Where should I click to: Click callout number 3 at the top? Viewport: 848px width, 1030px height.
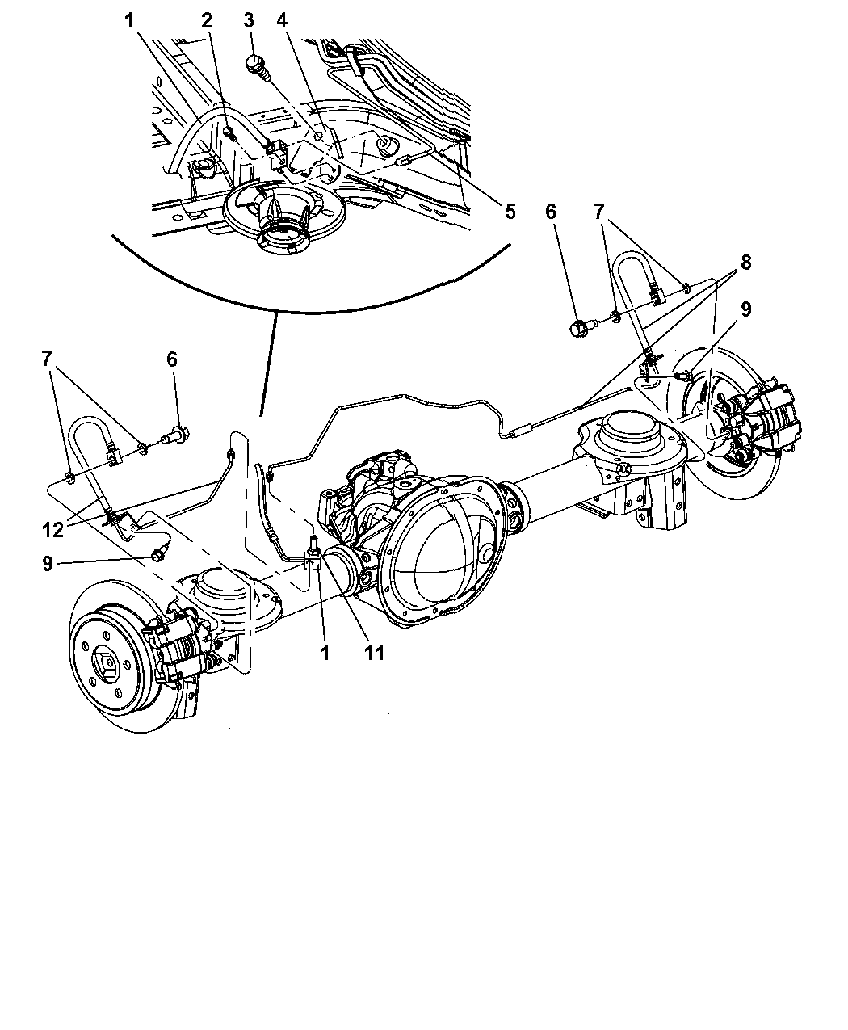point(250,19)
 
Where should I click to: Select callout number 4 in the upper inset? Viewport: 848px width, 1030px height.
point(282,19)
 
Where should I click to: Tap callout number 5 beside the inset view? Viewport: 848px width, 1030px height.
point(510,212)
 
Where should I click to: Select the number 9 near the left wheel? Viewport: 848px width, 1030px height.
point(48,563)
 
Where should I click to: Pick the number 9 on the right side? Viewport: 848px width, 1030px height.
point(745,309)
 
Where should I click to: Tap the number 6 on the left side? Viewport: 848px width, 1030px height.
point(172,359)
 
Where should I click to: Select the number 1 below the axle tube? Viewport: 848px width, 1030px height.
point(325,652)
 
